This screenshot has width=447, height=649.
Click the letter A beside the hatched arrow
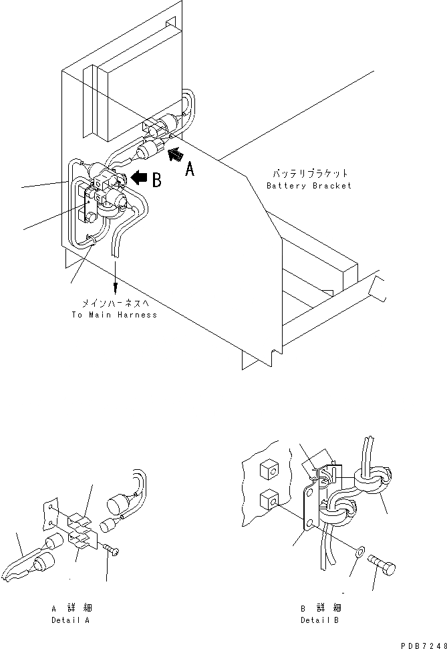pyautogui.click(x=190, y=170)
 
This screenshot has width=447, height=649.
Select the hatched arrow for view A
pyautogui.click(x=174, y=155)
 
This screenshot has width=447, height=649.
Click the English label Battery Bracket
pyautogui.click(x=309, y=185)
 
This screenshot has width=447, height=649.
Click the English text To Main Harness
pyautogui.click(x=114, y=314)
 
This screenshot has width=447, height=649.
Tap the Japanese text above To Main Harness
pyautogui.click(x=114, y=303)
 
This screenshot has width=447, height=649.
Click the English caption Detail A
pyautogui.click(x=71, y=620)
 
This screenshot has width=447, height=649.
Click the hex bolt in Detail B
pyautogui.click(x=382, y=568)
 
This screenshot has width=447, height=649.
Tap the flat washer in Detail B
pyautogui.click(x=360, y=552)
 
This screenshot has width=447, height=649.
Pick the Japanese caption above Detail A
pyautogui.click(x=71, y=608)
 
